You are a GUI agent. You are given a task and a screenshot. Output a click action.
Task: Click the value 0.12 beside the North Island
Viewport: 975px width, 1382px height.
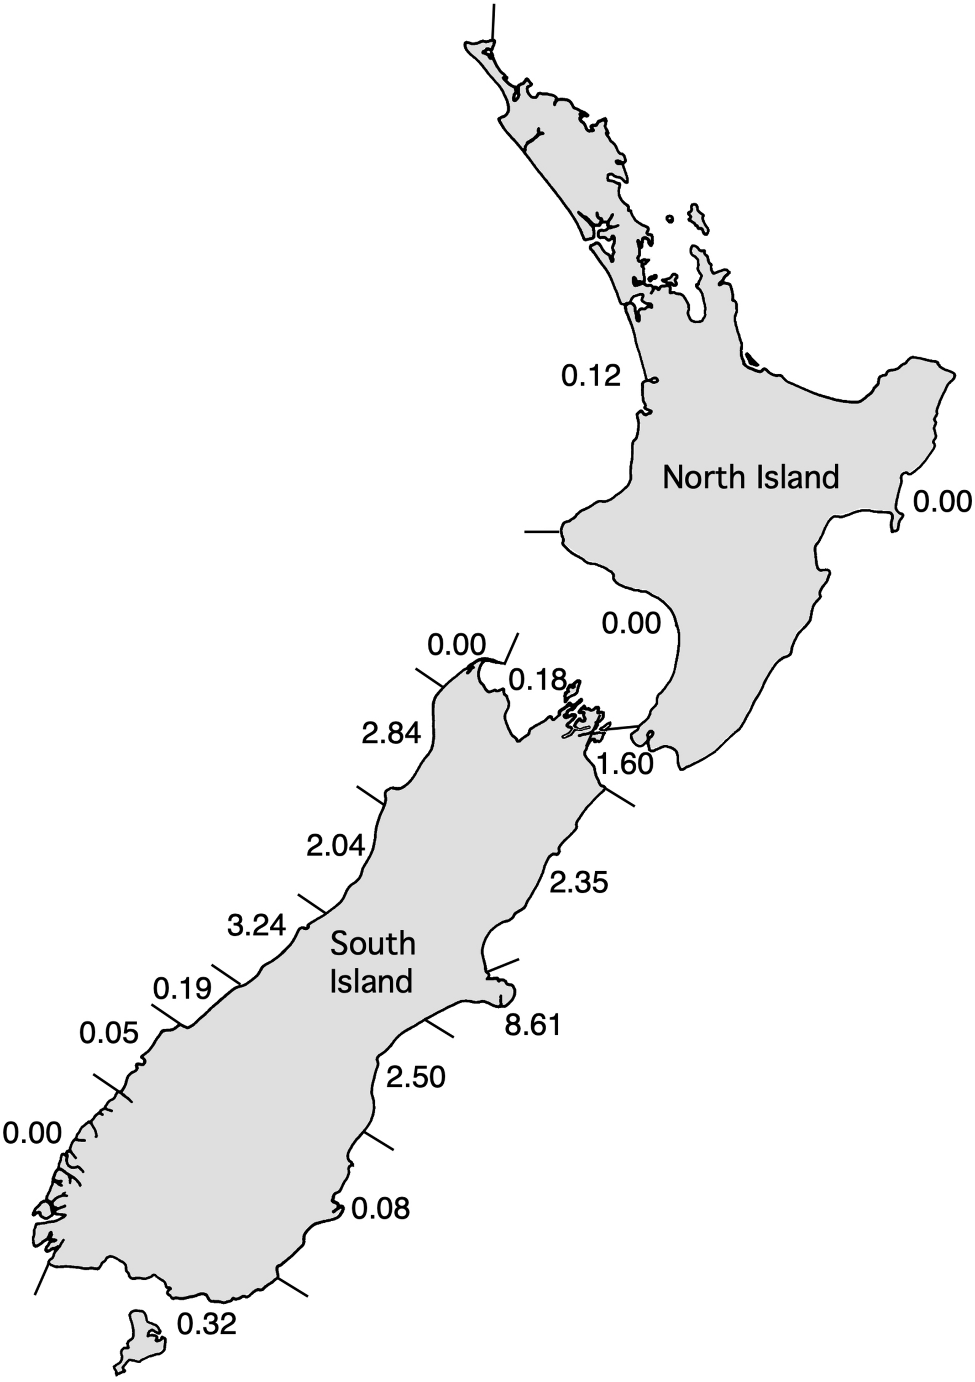pos(590,377)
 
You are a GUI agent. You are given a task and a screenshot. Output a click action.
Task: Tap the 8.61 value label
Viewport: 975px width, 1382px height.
pos(532,1025)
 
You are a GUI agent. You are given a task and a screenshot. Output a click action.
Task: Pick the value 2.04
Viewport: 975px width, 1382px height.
pos(336,846)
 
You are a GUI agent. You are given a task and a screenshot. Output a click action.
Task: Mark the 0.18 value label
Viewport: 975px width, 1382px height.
pos(537,680)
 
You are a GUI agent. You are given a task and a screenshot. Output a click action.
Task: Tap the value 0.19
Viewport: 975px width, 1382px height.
pos(182,988)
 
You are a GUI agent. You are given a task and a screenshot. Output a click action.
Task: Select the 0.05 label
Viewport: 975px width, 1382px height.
pos(109,1034)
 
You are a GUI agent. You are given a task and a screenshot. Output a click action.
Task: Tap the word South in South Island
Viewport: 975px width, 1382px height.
pos(373,944)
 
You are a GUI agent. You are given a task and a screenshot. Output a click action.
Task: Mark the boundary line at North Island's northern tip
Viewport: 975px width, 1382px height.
pos(493,22)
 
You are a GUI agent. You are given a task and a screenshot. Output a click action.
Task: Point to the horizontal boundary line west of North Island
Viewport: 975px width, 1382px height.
pos(542,531)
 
